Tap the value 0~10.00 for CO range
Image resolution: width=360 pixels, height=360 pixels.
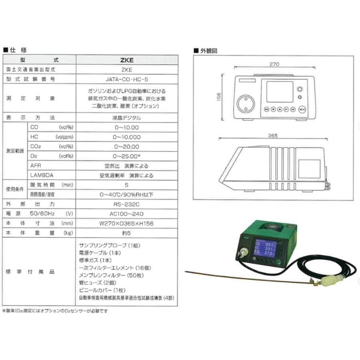(x=126, y=128)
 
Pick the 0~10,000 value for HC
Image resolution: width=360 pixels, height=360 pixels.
(x=126, y=137)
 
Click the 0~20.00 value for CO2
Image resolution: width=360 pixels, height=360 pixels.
(x=126, y=146)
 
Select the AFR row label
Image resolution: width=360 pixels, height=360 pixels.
(x=35, y=166)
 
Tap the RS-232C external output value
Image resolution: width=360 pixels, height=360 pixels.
(x=126, y=204)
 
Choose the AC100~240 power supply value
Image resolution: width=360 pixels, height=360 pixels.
(x=126, y=214)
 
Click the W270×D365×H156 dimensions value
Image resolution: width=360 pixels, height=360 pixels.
(x=126, y=223)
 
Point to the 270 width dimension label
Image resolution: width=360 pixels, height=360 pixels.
(x=274, y=64)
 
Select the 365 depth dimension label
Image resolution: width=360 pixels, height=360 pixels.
(x=273, y=136)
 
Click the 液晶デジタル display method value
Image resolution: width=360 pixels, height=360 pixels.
(x=126, y=118)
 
